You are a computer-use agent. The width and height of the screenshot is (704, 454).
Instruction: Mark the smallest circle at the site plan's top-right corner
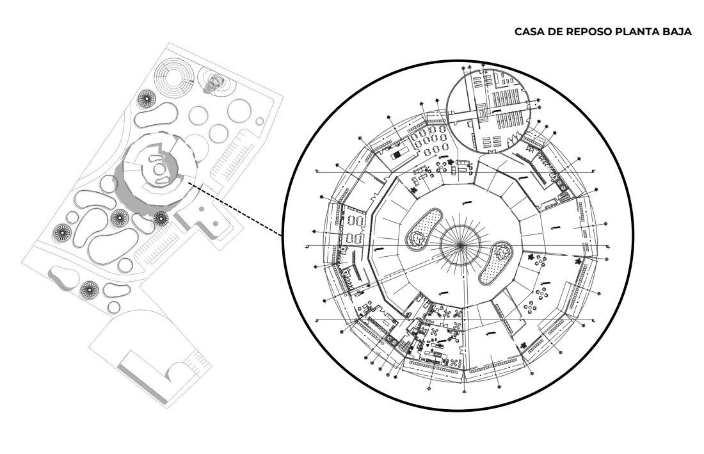pyautogui.click(x=259, y=121)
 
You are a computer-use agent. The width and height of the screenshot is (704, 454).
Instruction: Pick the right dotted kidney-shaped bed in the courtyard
pyautogui.click(x=495, y=263)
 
